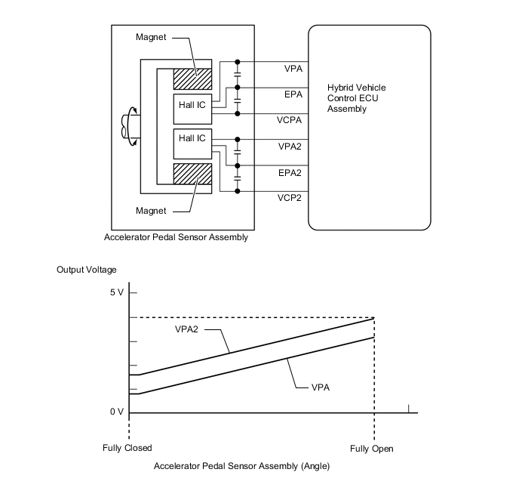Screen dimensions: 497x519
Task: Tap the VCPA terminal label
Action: (290, 121)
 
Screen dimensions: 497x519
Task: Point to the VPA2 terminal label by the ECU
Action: (290, 147)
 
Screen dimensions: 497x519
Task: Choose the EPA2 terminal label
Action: (290, 173)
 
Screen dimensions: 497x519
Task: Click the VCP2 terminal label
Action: (290, 199)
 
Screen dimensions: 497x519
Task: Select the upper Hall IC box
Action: (190, 106)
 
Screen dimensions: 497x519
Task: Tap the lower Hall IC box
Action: (190, 139)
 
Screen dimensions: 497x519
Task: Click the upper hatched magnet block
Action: (192, 78)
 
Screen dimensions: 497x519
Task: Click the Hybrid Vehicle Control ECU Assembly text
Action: (356, 98)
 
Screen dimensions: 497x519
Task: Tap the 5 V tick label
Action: (115, 292)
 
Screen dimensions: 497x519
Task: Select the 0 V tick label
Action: (115, 412)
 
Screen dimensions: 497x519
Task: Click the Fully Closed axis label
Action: (127, 449)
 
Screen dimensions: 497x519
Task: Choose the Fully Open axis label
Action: (372, 449)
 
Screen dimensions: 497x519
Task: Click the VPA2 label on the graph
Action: (188, 330)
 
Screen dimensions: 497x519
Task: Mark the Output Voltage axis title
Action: (87, 270)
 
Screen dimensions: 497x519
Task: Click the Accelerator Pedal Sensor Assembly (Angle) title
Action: (241, 466)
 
